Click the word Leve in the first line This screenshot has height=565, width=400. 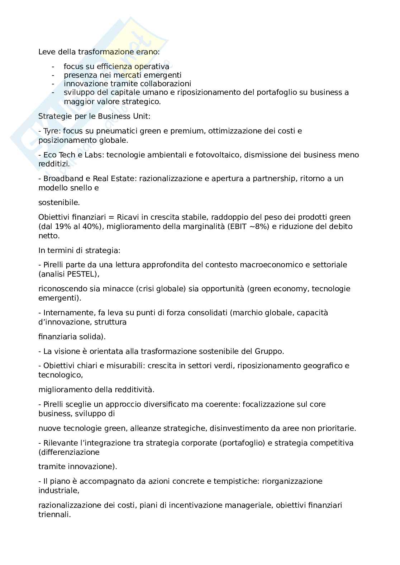[46, 52]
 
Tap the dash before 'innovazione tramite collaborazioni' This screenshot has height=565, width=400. [53, 84]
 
